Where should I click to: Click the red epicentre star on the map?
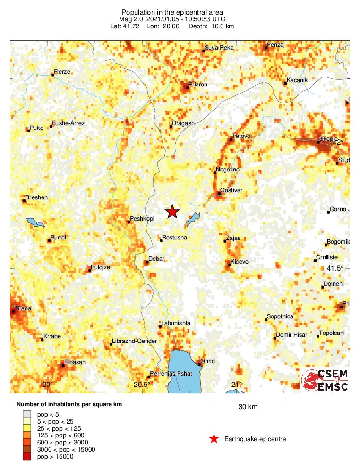pos(172,212)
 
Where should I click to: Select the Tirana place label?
pos(23,308)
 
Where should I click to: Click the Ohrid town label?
pos(207,361)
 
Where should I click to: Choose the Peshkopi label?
pos(142,219)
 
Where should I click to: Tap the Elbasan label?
pos(74,362)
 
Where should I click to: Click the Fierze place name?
pos(62,72)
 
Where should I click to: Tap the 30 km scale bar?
pos(248,403)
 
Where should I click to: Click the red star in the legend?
pos(214,439)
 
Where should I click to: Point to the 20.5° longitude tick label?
pos(141,385)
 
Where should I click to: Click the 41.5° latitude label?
pos(335,268)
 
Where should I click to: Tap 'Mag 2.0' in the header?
pos(131,19)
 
